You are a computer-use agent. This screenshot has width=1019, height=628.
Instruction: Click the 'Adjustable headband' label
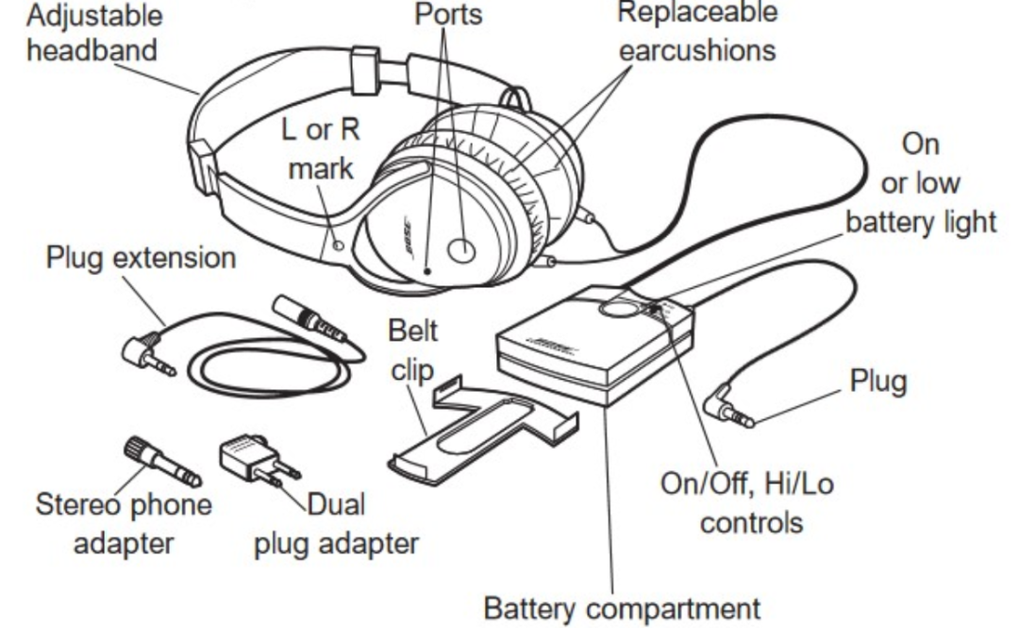(93, 31)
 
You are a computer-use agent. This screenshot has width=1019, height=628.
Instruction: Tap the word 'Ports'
(448, 14)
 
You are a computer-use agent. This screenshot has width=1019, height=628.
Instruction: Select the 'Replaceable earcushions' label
(697, 30)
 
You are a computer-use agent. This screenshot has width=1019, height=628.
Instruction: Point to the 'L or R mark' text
(321, 149)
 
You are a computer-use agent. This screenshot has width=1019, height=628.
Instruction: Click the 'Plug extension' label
(141, 258)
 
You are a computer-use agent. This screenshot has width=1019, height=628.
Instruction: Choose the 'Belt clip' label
(413, 349)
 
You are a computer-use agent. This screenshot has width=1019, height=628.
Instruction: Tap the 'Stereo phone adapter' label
(123, 524)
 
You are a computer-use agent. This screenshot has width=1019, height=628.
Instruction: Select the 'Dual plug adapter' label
(336, 524)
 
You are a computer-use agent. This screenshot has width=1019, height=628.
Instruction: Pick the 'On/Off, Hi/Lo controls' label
(745, 502)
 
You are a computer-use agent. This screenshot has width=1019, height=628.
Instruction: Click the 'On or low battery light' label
(920, 183)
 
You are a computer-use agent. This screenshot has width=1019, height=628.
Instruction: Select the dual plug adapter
(256, 460)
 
